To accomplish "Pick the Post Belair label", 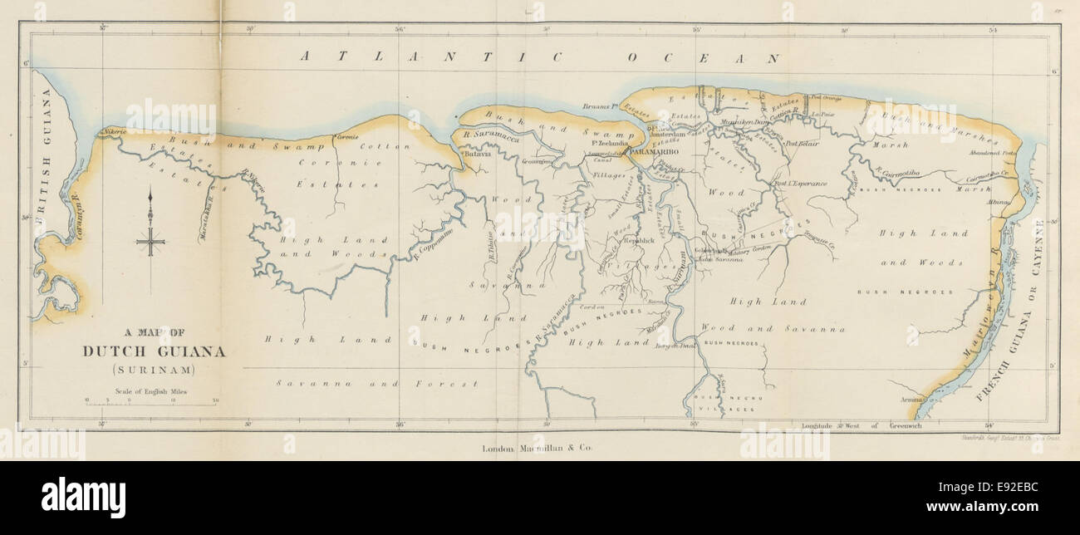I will point(803,143).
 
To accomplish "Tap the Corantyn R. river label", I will point(72,218).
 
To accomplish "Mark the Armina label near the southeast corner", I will point(911,400).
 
